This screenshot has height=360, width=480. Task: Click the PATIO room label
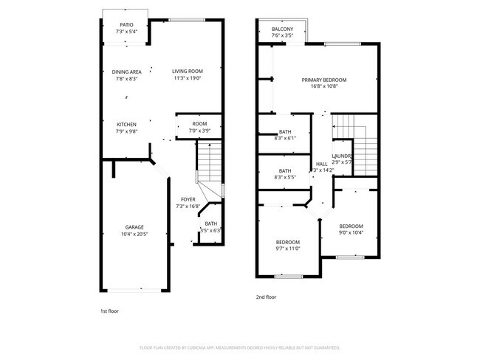[126, 25]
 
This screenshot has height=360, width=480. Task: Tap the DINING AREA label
[126, 72]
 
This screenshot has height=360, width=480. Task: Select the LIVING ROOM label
[187, 72]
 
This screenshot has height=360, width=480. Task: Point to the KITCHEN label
[126, 124]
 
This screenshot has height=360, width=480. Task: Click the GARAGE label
[134, 227]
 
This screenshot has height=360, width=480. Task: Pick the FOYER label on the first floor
[188, 200]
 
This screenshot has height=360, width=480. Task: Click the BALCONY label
[282, 29]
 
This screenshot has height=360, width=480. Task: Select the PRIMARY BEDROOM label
[323, 80]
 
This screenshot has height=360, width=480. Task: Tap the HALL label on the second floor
[321, 164]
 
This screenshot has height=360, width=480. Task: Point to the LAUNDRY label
[342, 156]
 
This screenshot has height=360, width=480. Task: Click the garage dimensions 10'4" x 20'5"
[134, 234]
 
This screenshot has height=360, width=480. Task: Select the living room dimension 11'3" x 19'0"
[188, 78]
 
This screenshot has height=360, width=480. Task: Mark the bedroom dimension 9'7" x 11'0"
[287, 249]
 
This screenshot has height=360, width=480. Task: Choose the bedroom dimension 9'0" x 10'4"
[351, 232]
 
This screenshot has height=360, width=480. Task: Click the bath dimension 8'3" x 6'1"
[284, 138]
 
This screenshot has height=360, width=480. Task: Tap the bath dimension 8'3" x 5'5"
[284, 178]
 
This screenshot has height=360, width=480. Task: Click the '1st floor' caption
[110, 311]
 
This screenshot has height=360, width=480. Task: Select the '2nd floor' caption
[266, 297]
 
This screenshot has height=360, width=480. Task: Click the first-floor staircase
[209, 162]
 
